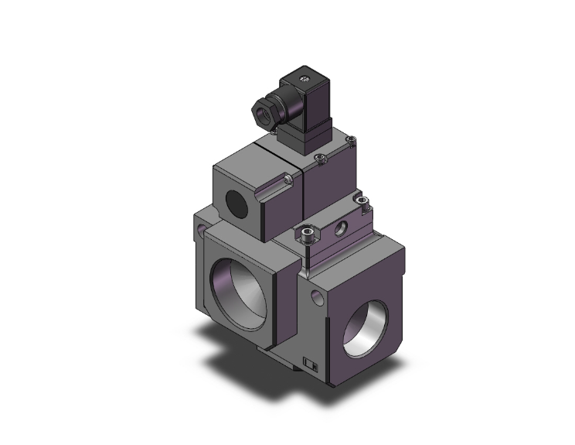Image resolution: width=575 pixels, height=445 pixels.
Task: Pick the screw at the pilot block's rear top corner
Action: [352, 141]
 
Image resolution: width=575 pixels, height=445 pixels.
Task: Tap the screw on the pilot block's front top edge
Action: [321, 161]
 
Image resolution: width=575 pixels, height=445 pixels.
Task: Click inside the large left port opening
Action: [240, 283]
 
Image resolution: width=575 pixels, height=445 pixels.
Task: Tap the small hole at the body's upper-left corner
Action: [203, 231]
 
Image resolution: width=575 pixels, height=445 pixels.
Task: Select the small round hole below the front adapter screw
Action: [316, 296]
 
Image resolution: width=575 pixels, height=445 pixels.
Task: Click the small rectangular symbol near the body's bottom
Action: [311, 361]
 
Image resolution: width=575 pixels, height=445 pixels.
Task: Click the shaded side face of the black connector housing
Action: [316, 108]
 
